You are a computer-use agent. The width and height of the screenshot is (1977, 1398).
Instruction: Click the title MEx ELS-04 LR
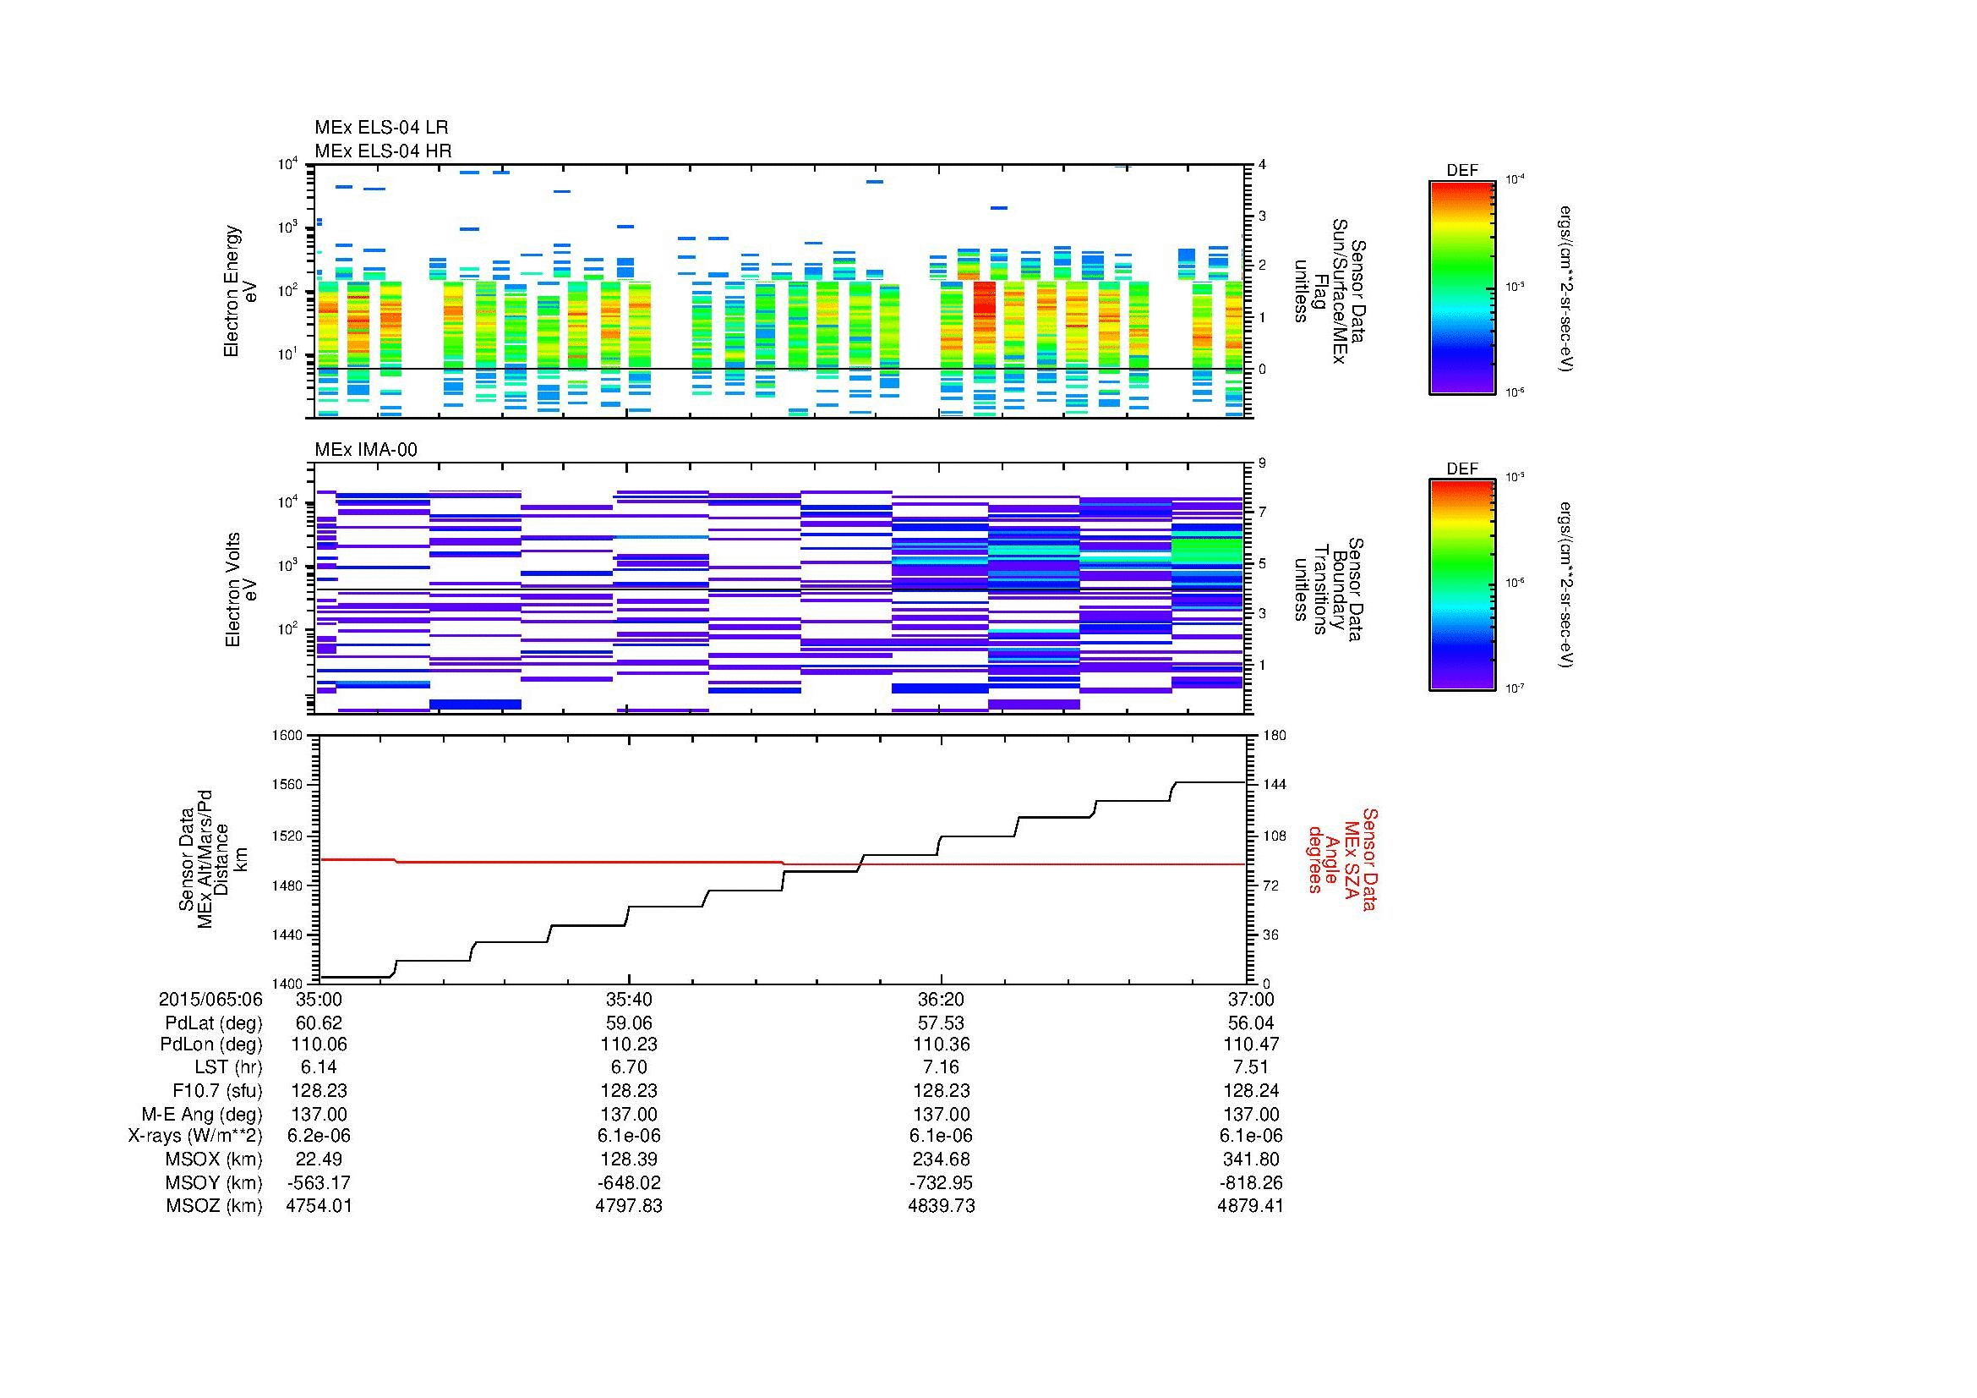(x=380, y=129)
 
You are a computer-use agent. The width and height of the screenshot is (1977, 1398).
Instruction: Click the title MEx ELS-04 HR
(x=382, y=151)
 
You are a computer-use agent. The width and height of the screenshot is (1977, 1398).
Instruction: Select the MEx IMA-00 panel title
(x=365, y=450)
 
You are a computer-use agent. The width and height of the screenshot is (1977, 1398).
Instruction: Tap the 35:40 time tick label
(x=629, y=1000)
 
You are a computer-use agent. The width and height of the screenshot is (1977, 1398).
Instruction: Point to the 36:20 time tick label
(x=941, y=1000)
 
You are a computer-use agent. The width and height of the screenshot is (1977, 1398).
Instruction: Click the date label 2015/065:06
(x=210, y=1000)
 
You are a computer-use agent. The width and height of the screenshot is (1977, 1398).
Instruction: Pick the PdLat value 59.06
(x=629, y=1023)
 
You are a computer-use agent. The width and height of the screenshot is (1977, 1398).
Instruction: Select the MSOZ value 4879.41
(x=1250, y=1206)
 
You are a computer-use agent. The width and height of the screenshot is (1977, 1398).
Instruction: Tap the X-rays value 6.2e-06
(x=319, y=1136)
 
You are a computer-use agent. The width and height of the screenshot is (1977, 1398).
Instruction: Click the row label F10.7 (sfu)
(x=217, y=1091)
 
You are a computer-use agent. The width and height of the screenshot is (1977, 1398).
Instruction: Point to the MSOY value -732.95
(x=941, y=1182)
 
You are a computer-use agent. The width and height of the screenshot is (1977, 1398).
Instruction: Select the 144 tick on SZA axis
(x=1274, y=785)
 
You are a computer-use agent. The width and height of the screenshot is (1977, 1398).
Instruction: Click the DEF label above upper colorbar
(x=1461, y=171)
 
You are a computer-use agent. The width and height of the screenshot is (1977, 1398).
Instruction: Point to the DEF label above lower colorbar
(x=1461, y=469)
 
